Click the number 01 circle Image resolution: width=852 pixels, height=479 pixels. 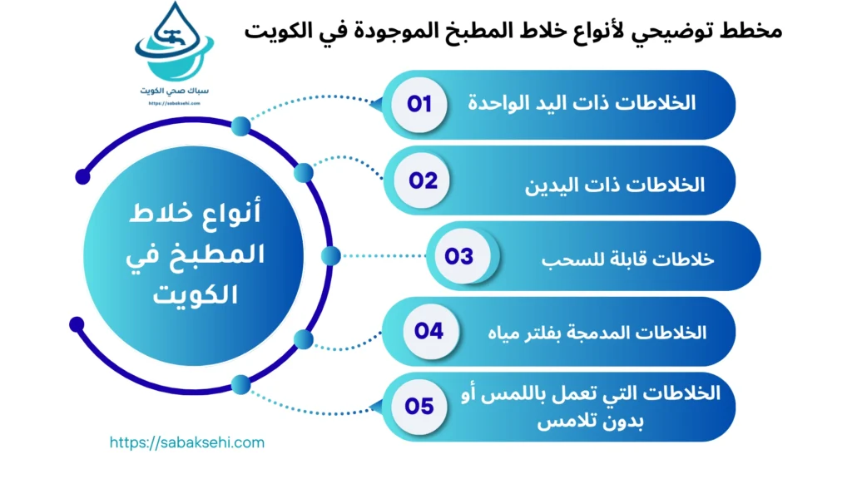pos(419,105)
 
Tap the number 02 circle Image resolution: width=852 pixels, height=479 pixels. pos(423,180)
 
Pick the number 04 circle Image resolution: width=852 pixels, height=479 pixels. pos(429,331)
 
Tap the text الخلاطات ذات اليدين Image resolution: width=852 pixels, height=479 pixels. pos(615,184)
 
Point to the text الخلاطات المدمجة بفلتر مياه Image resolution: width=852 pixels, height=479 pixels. pos(597,333)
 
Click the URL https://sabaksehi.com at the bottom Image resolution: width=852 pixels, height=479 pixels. pos(187,442)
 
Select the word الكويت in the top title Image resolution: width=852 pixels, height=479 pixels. pos(276,31)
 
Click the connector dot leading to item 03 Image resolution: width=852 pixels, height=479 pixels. pos(330,256)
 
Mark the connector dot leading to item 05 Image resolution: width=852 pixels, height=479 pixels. pos(240,384)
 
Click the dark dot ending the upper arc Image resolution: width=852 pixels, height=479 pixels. pos(82,176)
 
